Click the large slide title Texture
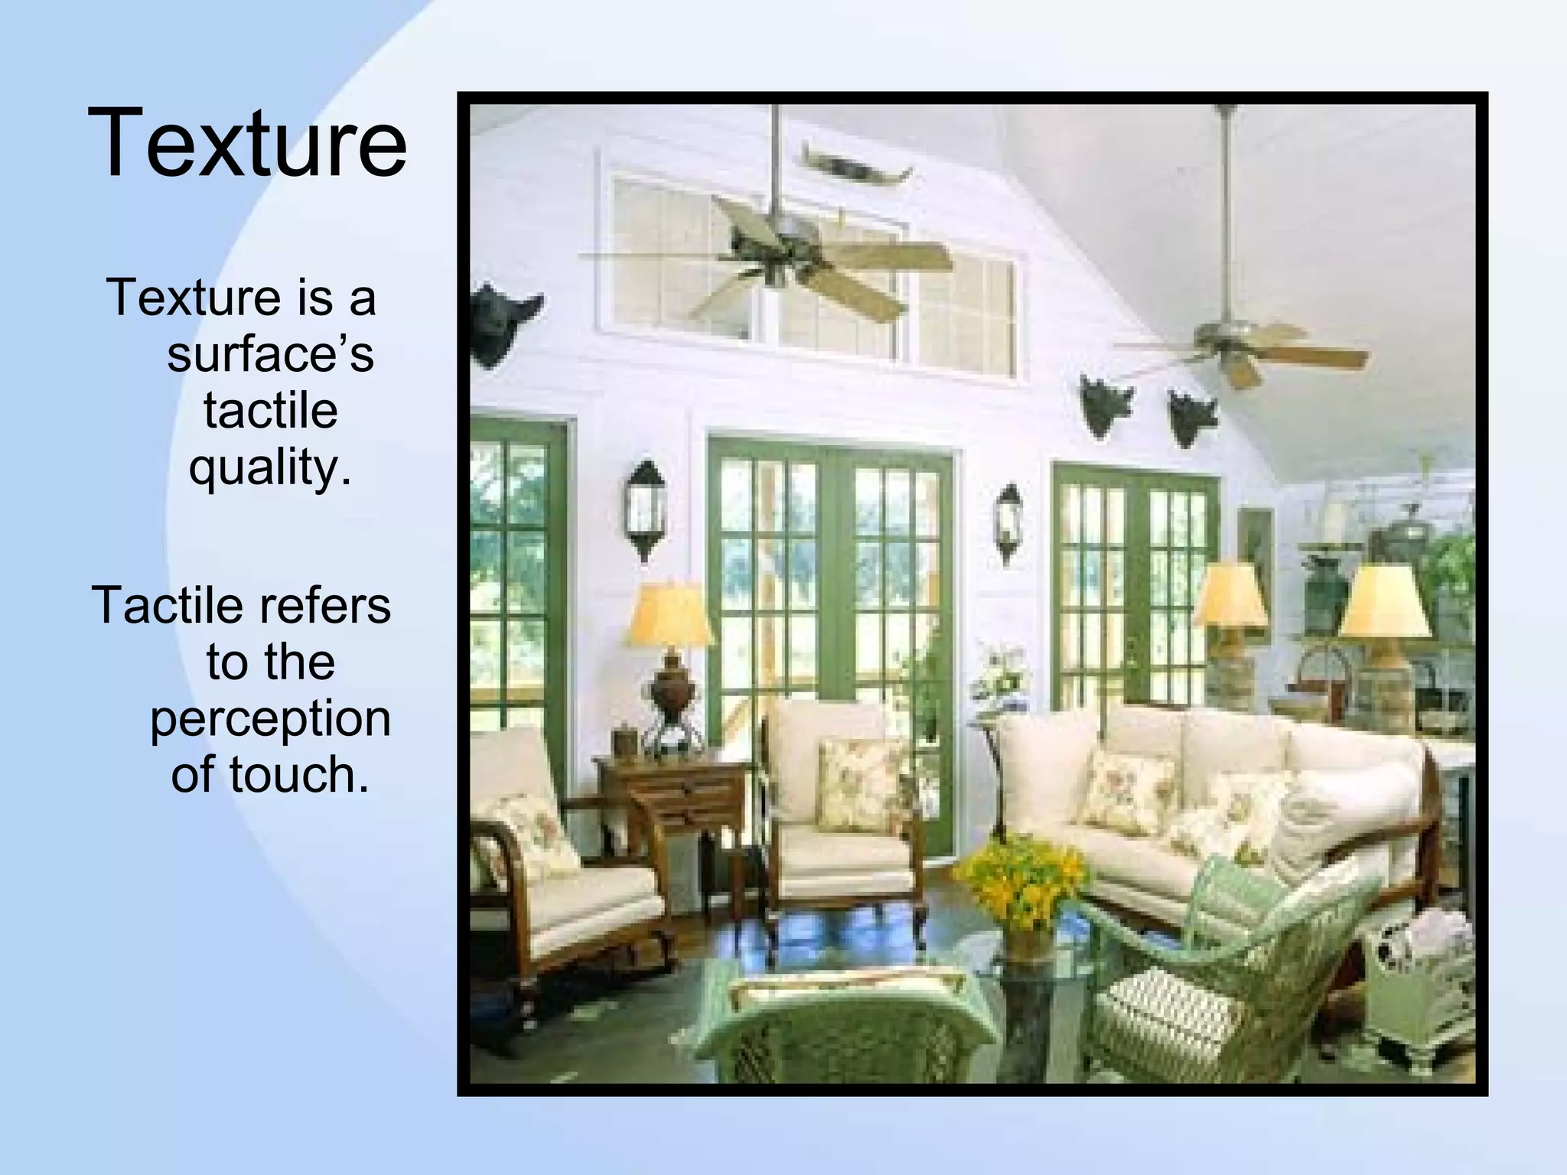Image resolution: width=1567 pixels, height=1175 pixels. coord(247,143)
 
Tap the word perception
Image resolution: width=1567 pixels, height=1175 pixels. coord(270,719)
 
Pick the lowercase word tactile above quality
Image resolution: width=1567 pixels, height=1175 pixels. coord(270,411)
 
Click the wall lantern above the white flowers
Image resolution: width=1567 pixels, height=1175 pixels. coord(1009,522)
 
